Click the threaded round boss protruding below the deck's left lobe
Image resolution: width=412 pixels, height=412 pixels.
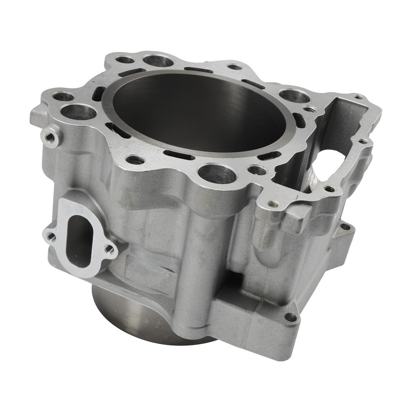click(51, 137)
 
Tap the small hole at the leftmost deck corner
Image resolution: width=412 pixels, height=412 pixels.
click(64, 97)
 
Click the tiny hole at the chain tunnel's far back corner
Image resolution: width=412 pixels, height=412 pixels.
click(358, 97)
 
